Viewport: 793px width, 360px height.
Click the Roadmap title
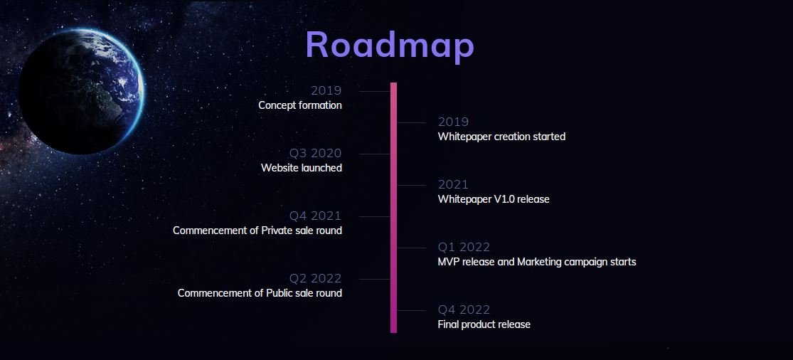(390, 46)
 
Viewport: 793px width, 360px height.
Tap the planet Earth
(81, 92)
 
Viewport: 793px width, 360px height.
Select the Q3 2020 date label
(315, 153)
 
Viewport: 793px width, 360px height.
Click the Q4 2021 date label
(315, 216)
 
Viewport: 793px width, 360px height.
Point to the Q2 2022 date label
(315, 279)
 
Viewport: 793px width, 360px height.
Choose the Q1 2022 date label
(464, 248)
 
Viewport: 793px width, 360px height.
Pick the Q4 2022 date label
(464, 310)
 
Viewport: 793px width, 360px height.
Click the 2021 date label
(453, 184)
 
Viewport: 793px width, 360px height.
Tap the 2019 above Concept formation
(326, 90)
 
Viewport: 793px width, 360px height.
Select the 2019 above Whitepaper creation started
(453, 122)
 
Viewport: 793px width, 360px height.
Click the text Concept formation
(300, 105)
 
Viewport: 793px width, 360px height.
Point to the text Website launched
(302, 168)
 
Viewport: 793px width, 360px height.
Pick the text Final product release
(484, 324)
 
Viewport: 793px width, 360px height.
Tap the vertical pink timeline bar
(393, 207)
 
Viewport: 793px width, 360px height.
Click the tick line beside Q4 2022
(411, 310)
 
